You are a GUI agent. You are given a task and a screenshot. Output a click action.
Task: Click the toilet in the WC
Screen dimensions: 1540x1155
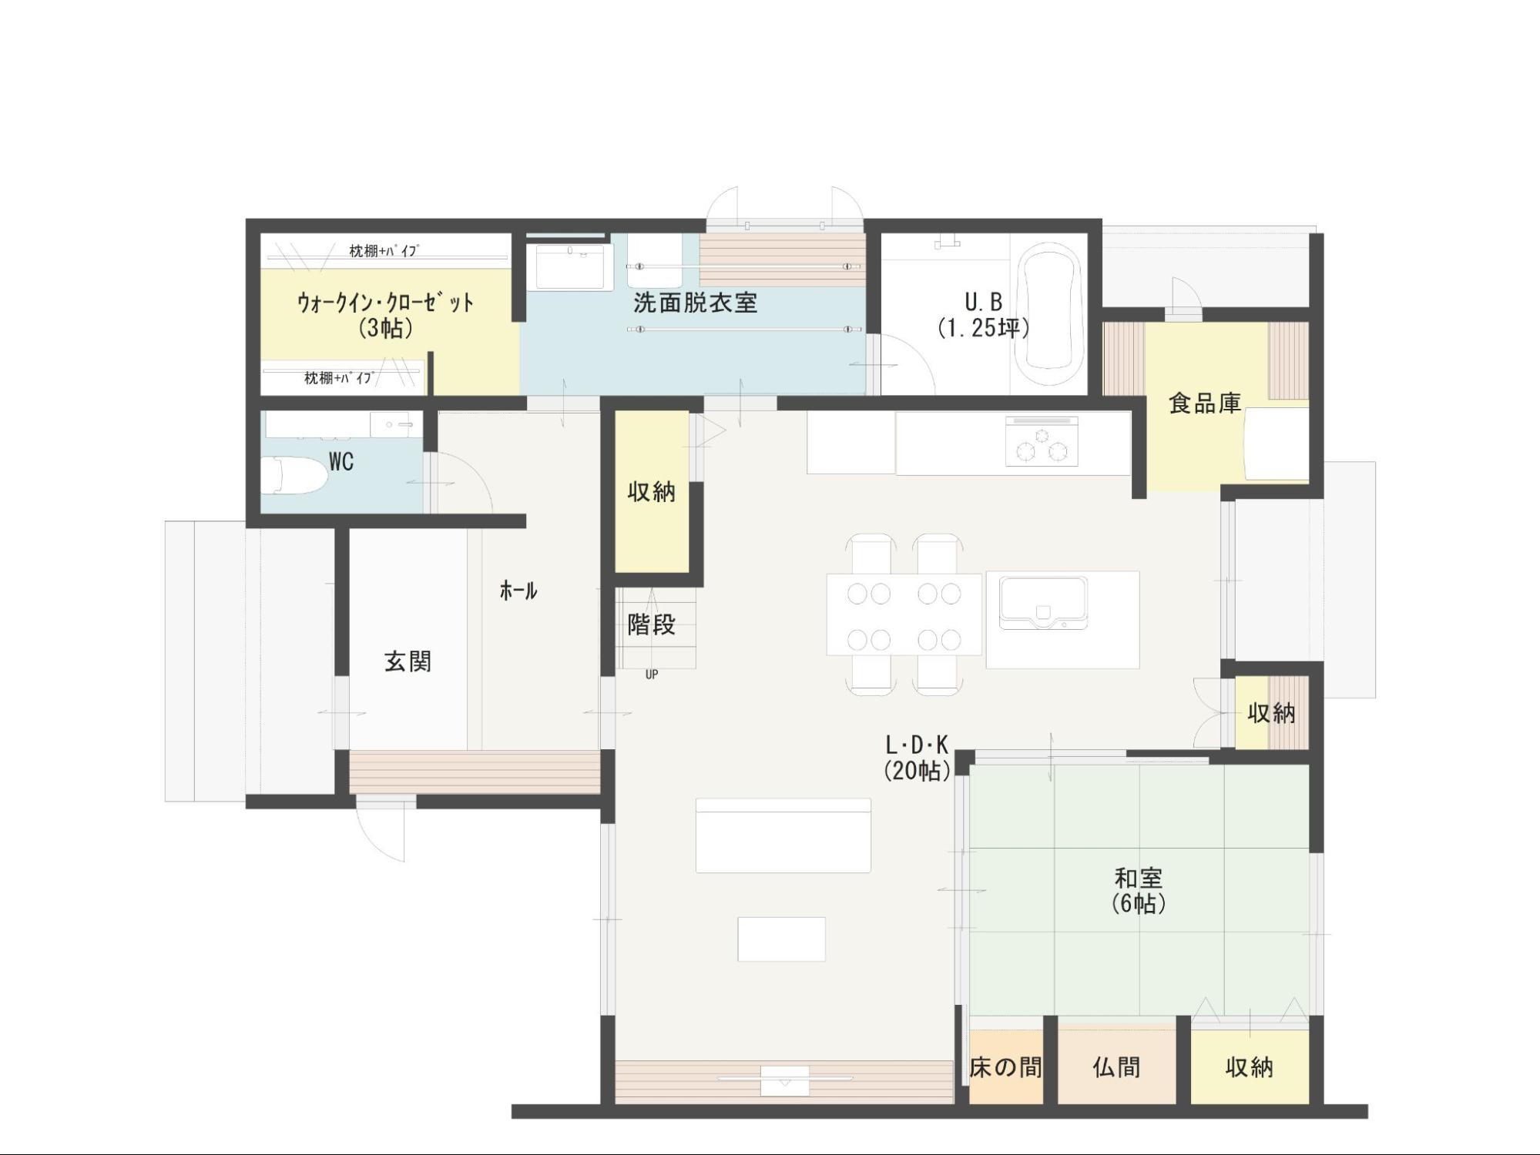click(293, 476)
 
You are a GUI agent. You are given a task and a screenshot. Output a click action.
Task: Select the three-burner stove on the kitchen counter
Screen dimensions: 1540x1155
click(1042, 442)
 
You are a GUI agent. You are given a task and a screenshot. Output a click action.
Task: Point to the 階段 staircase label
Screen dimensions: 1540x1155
click(652, 624)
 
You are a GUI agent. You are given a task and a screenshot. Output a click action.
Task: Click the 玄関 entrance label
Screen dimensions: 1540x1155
click(408, 661)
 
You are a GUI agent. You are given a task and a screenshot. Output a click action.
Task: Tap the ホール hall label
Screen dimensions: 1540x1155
click(518, 591)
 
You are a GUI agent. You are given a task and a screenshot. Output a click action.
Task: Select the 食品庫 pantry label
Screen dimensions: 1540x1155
click(1205, 403)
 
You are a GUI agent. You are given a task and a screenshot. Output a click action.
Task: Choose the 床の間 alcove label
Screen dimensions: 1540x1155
click(1005, 1067)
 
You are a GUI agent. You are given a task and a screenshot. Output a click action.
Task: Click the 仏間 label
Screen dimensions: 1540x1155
click(1116, 1067)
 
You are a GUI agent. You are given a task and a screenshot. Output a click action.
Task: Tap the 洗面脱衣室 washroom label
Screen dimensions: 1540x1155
click(696, 303)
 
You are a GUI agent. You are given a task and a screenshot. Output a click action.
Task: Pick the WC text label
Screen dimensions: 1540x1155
click(341, 462)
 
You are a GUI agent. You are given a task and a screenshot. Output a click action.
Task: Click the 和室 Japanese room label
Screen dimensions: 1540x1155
click(1139, 878)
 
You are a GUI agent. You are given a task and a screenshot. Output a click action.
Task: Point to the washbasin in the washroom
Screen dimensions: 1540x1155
click(570, 267)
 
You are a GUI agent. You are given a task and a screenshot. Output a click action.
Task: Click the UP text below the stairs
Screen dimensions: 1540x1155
click(652, 675)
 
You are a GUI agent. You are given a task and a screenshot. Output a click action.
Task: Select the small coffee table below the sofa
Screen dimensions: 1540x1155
click(781, 939)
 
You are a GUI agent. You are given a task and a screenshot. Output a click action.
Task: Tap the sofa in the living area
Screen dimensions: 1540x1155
click(783, 835)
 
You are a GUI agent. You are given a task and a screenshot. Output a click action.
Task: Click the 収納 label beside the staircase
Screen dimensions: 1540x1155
click(652, 492)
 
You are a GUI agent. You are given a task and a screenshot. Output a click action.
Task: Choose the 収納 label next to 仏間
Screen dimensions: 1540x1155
click(1250, 1067)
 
